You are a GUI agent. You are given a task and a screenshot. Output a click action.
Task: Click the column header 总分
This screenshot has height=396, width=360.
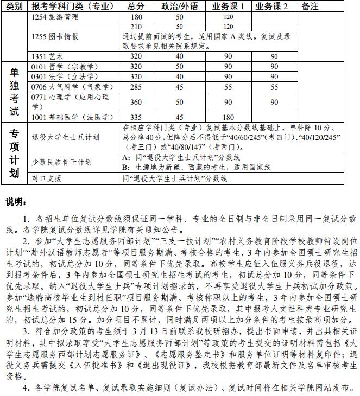click(x=136, y=6)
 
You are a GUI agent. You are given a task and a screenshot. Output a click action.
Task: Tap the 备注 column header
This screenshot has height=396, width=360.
click(x=310, y=6)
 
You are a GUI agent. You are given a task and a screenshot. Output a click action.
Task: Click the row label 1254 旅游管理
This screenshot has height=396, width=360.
click(x=54, y=17)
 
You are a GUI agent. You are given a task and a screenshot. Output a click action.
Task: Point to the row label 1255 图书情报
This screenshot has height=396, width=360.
click(x=55, y=36)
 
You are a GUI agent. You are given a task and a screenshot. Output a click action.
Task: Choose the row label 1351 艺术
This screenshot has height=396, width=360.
click(x=48, y=56)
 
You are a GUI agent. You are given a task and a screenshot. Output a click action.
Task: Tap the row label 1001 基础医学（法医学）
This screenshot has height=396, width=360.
click(x=67, y=117)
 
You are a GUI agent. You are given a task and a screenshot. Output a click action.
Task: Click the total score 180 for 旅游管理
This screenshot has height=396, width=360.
click(x=136, y=17)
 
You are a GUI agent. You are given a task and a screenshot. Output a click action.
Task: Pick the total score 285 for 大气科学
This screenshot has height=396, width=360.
click(x=136, y=87)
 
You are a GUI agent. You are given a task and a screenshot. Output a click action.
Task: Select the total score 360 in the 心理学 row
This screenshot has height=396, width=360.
click(x=136, y=102)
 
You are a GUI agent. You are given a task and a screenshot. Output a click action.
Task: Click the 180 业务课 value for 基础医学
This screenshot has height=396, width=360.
click(x=228, y=117)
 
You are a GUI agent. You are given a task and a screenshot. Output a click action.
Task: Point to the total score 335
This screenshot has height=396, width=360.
click(x=136, y=117)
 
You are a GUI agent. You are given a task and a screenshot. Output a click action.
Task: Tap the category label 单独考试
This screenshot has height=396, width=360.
click(x=15, y=92)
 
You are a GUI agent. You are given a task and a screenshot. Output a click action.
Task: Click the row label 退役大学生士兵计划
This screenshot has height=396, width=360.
click(x=66, y=137)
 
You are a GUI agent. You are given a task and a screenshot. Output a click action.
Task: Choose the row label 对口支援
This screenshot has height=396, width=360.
click(x=46, y=178)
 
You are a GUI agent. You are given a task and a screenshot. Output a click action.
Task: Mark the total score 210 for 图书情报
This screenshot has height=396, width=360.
click(x=136, y=27)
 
